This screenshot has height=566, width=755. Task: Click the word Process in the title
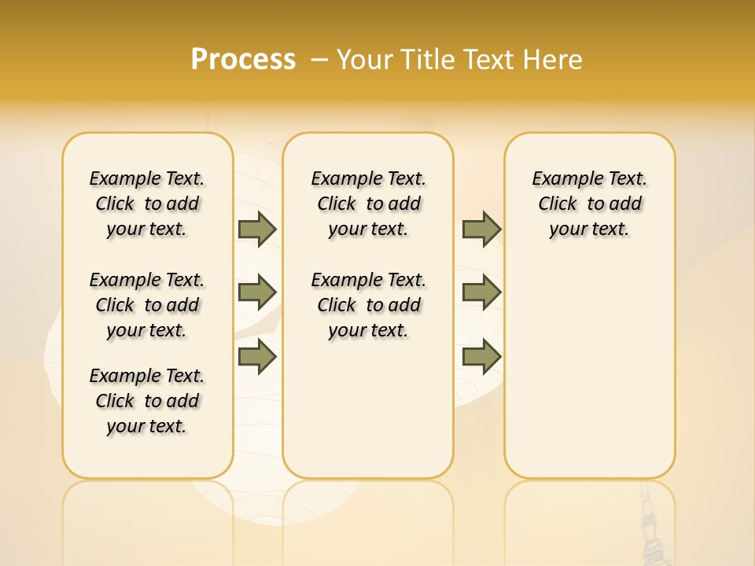[x=243, y=59]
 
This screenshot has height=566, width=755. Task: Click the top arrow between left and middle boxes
[x=257, y=229]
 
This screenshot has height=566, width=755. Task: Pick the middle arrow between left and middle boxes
[x=257, y=292]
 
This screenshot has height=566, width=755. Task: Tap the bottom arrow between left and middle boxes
[x=257, y=358]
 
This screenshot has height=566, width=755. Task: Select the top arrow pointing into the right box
[x=481, y=229]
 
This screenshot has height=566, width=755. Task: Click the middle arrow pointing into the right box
[x=481, y=292]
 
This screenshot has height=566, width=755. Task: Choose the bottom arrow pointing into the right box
[x=481, y=358]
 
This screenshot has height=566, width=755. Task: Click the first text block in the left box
[x=147, y=204]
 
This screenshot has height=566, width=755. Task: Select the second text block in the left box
[x=147, y=305]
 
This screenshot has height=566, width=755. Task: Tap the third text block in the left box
[x=147, y=401]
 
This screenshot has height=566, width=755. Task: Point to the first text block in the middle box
[x=368, y=204]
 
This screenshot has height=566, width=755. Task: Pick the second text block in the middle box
[x=368, y=305]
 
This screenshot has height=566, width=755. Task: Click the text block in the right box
[x=589, y=204]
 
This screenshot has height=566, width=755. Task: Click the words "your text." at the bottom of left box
[x=147, y=426]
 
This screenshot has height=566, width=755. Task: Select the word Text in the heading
[x=489, y=59]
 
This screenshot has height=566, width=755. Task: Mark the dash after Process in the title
[x=319, y=59]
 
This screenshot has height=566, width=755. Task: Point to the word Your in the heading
[x=364, y=59]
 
